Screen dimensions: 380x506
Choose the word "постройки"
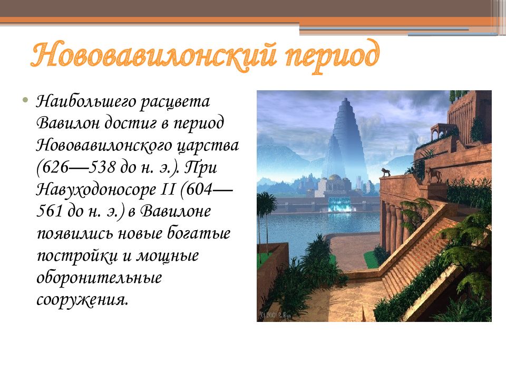pos(77,256)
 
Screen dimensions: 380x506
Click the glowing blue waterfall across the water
pos(339,205)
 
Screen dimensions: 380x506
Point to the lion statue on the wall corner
pos(386,173)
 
